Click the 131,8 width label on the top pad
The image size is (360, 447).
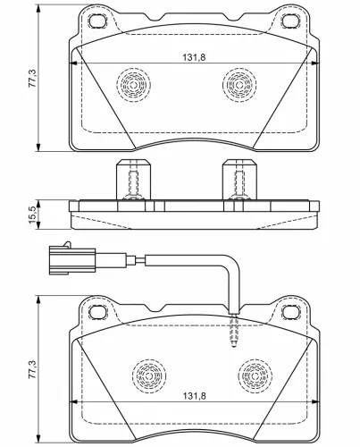point(194,57)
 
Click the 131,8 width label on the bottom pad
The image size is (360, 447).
point(194,396)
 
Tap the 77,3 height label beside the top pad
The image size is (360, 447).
point(32,78)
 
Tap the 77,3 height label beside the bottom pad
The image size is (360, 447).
point(32,369)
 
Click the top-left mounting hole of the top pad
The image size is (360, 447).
point(97,21)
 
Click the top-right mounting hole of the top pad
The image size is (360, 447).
point(290,21)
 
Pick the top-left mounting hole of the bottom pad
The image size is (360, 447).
point(97,312)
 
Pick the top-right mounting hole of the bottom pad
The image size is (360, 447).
point(290,312)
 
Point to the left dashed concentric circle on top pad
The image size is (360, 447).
point(133,85)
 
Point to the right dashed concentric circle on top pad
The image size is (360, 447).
point(239,85)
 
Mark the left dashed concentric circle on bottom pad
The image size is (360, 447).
point(149,375)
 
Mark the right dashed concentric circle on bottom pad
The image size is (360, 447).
point(255,375)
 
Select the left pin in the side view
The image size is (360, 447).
point(133,180)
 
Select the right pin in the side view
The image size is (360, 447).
point(239,180)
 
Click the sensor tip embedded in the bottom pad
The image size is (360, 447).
point(235,332)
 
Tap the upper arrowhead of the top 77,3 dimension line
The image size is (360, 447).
point(38,9)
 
